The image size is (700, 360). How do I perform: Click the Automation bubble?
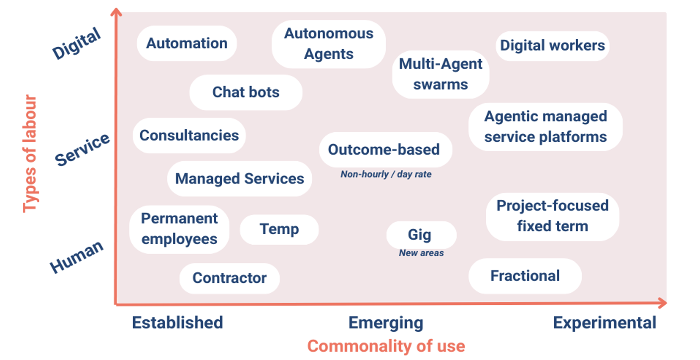[x=186, y=43]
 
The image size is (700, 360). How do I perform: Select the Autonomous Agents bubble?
[x=329, y=44]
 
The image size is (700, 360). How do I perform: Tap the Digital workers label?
[x=552, y=46]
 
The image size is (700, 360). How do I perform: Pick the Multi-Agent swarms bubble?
[x=440, y=74]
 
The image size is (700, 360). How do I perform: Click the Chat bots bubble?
[x=246, y=92]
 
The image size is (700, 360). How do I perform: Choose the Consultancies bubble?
[x=189, y=135]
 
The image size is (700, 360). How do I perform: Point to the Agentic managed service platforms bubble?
[x=545, y=127]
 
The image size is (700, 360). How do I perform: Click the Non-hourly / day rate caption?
[x=386, y=175]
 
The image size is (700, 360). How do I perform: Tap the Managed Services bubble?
[x=239, y=179]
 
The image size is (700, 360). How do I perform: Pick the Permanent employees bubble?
[x=179, y=229]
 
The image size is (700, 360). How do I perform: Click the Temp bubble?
[x=279, y=229]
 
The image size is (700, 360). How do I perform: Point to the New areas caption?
[x=421, y=253]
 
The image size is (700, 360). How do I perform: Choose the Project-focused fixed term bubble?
[x=552, y=216]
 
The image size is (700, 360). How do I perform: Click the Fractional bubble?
[x=525, y=276]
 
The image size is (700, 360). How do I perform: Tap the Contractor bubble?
[x=229, y=278]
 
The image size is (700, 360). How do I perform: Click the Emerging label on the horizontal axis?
[x=386, y=323]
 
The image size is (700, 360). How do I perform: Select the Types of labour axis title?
[x=30, y=154]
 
